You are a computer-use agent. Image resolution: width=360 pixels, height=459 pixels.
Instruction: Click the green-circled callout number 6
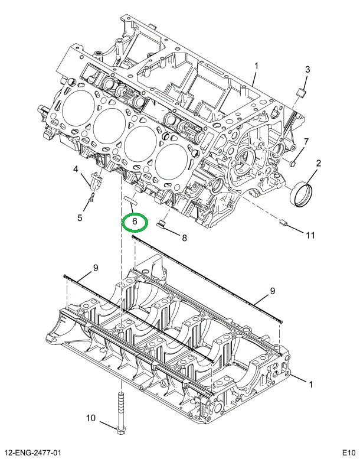pyautogui.click(x=135, y=222)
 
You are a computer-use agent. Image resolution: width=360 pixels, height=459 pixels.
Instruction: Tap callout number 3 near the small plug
pyautogui.click(x=307, y=70)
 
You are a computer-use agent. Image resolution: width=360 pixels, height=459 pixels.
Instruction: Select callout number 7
pyautogui.click(x=306, y=142)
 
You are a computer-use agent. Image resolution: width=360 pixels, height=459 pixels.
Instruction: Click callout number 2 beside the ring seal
pyautogui.click(x=318, y=163)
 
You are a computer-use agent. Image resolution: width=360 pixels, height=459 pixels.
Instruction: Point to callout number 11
pyautogui.click(x=310, y=235)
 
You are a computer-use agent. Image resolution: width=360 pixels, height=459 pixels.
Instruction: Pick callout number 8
pyautogui.click(x=184, y=238)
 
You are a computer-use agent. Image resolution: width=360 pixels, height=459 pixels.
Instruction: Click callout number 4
pyautogui.click(x=76, y=169)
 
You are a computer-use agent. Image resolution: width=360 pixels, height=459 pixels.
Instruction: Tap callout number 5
pyautogui.click(x=80, y=218)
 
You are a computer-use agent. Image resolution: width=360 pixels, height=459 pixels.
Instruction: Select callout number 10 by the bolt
pyautogui.click(x=91, y=418)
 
